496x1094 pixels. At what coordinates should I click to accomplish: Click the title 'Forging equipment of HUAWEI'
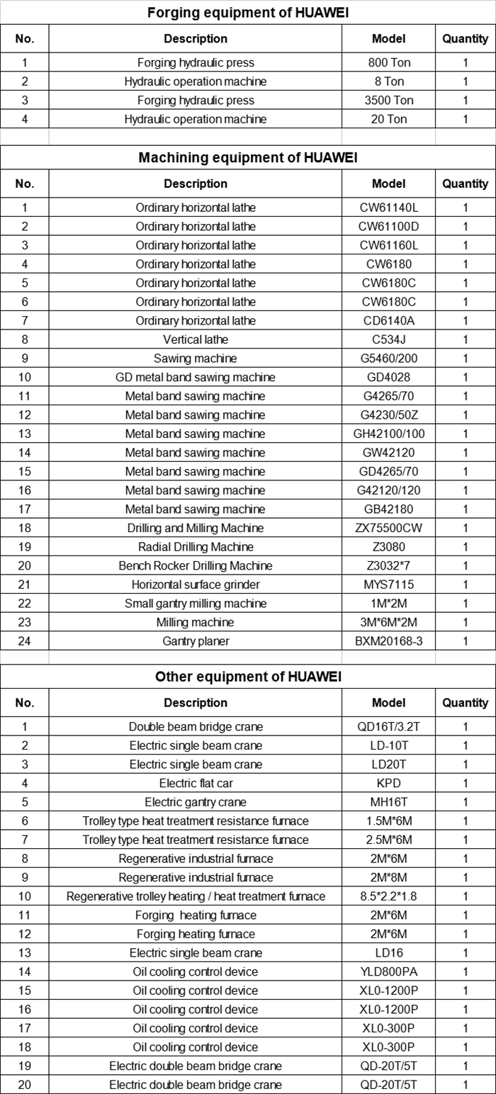point(247,13)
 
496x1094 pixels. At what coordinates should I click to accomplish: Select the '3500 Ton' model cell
point(388,101)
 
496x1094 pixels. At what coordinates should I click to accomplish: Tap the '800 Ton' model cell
point(388,62)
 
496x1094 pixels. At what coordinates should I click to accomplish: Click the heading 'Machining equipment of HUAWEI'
point(247,157)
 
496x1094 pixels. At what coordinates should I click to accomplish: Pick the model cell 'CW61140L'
point(388,208)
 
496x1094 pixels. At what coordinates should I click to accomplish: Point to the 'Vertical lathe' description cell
point(196,339)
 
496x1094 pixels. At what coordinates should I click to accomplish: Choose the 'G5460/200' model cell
point(388,359)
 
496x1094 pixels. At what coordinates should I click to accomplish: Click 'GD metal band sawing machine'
point(196,377)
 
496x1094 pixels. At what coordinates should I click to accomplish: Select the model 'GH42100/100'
point(388,434)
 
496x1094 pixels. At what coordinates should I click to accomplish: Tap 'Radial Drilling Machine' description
point(196,547)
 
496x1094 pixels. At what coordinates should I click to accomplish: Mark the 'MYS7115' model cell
point(388,585)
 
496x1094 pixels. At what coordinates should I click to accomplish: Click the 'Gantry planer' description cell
point(196,641)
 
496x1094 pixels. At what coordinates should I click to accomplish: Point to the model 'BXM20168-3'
point(388,641)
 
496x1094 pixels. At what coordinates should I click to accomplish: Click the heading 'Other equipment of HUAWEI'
point(247,677)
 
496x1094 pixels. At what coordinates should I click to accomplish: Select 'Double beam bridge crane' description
point(196,727)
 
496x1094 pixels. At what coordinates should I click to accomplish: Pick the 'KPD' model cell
point(388,783)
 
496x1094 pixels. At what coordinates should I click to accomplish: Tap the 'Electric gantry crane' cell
point(196,802)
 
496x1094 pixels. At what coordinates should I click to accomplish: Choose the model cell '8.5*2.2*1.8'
point(388,896)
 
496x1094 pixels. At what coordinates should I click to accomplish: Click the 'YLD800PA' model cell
point(388,971)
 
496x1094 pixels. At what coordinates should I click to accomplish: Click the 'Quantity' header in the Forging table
point(465,38)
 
